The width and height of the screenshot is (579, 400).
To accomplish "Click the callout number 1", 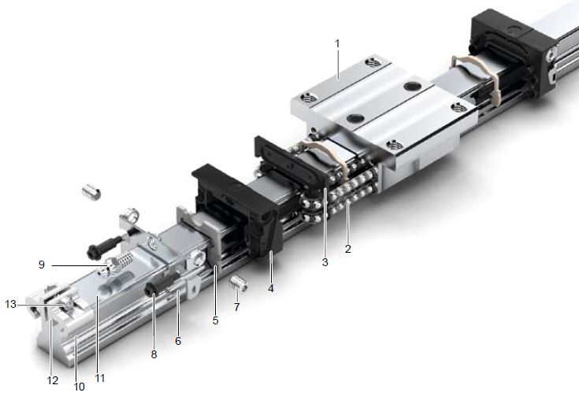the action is pos(337,44).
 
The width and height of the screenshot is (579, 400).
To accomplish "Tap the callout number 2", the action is pos(348,249).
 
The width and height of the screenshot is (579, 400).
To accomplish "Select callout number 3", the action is pos(325,262).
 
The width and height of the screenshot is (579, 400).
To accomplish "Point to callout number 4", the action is pos(271,288).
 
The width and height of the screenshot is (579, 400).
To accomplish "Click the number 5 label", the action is pos(216,320).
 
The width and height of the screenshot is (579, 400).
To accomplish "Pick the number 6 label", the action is pos(178,341).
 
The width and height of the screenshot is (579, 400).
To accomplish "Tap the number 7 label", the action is pos(237,307).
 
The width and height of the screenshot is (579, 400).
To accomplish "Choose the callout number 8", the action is pos(154,354).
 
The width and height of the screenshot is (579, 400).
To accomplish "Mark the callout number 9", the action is pos(41,265).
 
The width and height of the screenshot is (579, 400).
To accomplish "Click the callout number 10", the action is pos(80,387).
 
